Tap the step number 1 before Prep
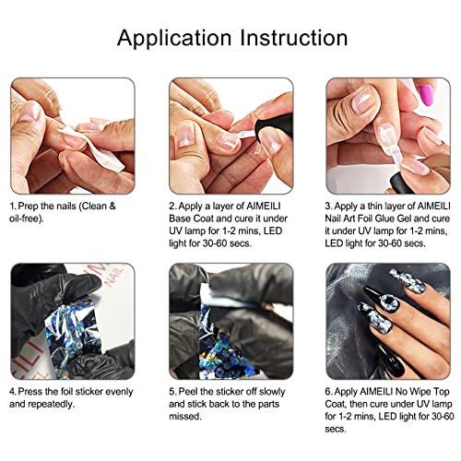pos(13,205)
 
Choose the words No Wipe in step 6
pos(409,390)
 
